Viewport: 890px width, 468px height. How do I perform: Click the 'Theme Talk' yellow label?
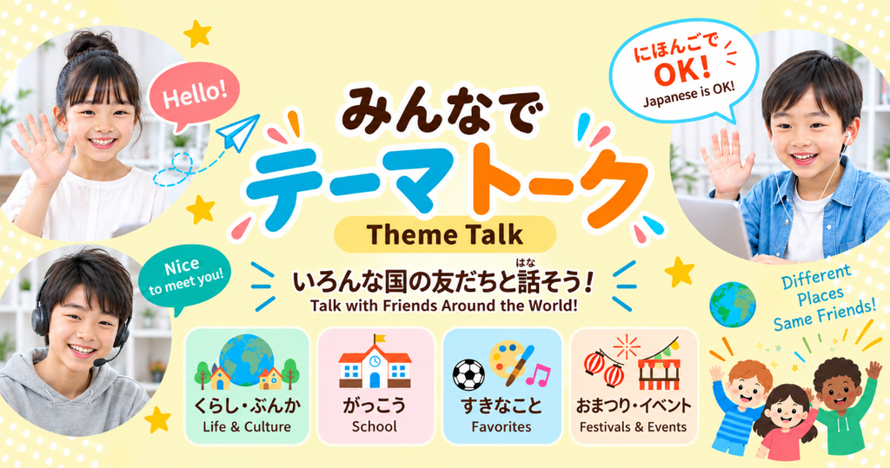click(x=445, y=234)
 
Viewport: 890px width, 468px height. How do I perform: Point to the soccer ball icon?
click(x=468, y=375)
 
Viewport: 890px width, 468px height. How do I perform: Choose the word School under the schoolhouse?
click(x=374, y=426)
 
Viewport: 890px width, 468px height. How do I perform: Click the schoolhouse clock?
click(x=375, y=361)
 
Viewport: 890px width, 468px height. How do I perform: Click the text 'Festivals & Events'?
click(x=633, y=426)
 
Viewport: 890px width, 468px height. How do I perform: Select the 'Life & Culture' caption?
click(x=247, y=426)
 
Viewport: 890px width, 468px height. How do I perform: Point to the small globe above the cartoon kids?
click(x=732, y=305)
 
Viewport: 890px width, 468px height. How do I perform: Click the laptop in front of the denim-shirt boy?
click(x=716, y=224)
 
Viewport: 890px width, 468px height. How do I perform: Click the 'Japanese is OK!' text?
click(x=688, y=95)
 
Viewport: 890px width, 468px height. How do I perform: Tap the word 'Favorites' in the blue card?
click(x=501, y=426)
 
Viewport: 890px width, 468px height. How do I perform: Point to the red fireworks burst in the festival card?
click(x=626, y=346)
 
